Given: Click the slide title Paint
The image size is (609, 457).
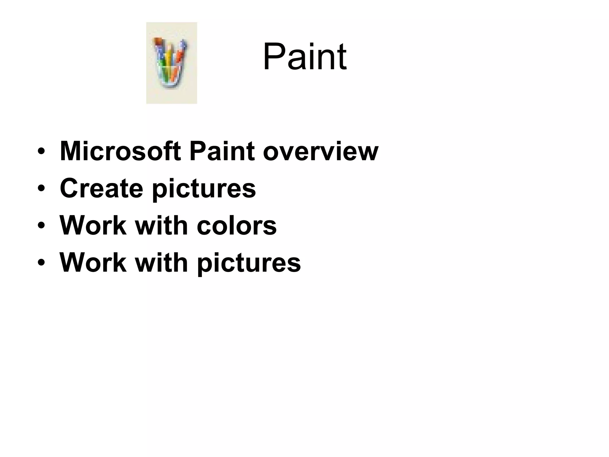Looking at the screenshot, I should (304, 57).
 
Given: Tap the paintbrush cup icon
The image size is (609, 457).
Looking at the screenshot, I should (171, 63).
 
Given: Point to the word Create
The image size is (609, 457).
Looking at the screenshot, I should (101, 188).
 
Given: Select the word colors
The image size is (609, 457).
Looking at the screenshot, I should (236, 225).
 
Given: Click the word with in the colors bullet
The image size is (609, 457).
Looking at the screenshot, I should (161, 225).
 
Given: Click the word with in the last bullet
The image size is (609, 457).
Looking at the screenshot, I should (161, 262).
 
